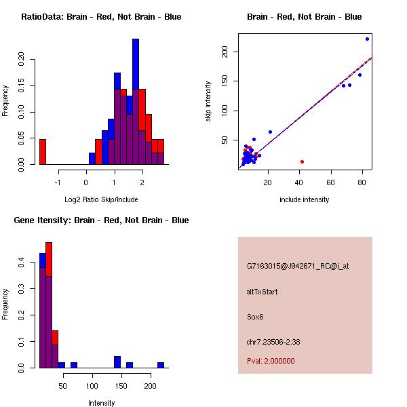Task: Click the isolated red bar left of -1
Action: (x=42, y=151)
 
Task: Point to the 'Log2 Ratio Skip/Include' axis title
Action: (x=100, y=199)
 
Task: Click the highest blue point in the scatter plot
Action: (x=368, y=39)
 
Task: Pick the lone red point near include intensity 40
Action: (x=302, y=161)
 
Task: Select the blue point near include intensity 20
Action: (x=270, y=132)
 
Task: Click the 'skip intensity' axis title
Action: (x=208, y=102)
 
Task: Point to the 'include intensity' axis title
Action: (x=304, y=199)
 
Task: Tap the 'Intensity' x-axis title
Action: (x=101, y=403)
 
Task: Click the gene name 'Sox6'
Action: (x=256, y=316)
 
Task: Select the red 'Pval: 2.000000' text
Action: (x=271, y=361)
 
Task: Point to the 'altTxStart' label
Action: (x=262, y=292)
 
